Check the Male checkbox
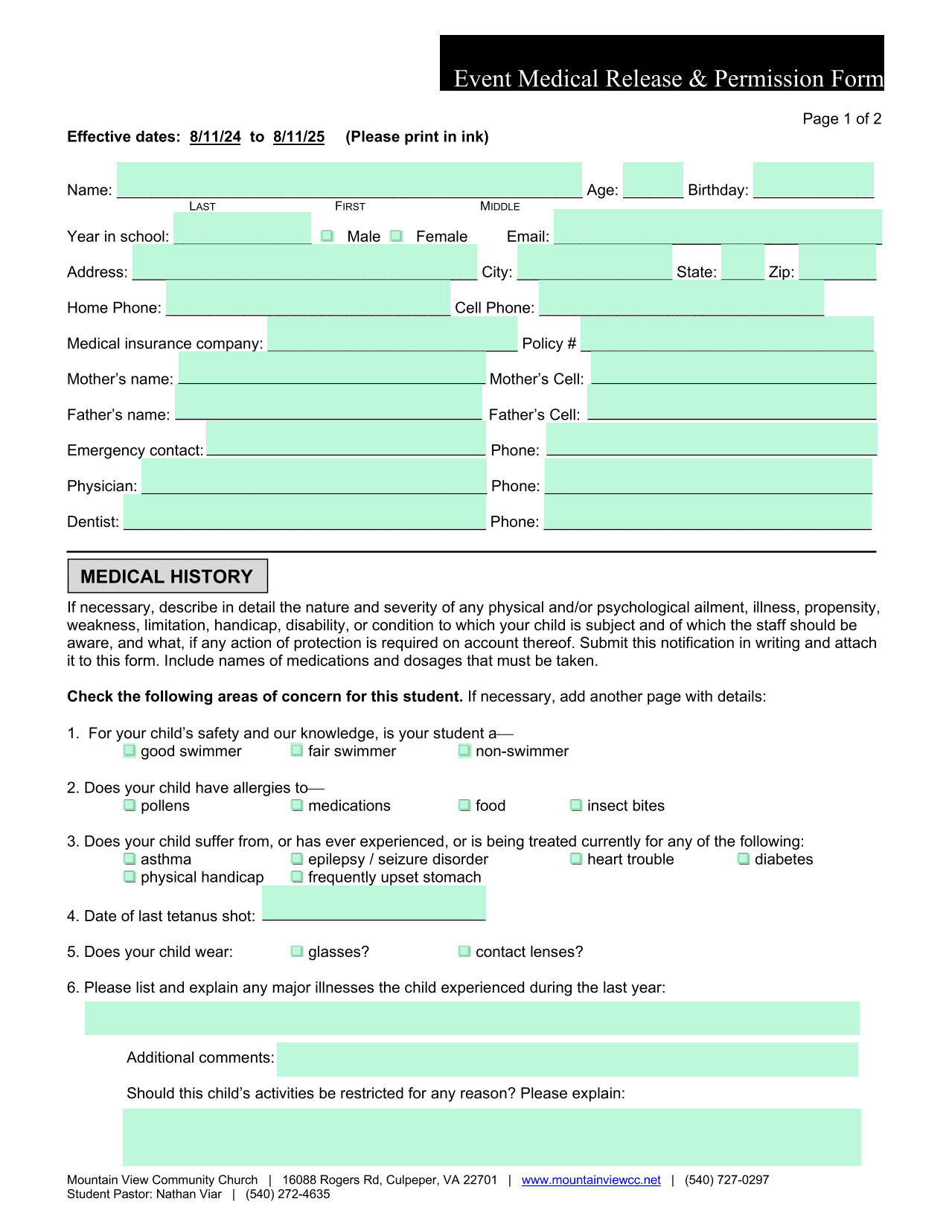(327, 236)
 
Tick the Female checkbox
(397, 236)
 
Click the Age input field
(653, 180)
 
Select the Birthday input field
(813, 180)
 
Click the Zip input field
(837, 262)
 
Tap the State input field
(742, 262)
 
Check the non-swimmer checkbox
(464, 751)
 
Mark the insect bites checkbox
(576, 805)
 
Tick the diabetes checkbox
(744, 859)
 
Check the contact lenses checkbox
(464, 952)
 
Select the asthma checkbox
(130, 859)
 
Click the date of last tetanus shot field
(374, 903)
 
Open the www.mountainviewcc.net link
(591, 1180)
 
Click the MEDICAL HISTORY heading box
(167, 577)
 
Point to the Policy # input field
(726, 333)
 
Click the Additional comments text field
(567, 1059)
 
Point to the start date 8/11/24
(215, 137)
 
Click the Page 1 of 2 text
(842, 119)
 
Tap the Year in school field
(242, 228)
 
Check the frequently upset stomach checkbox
(297, 877)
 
